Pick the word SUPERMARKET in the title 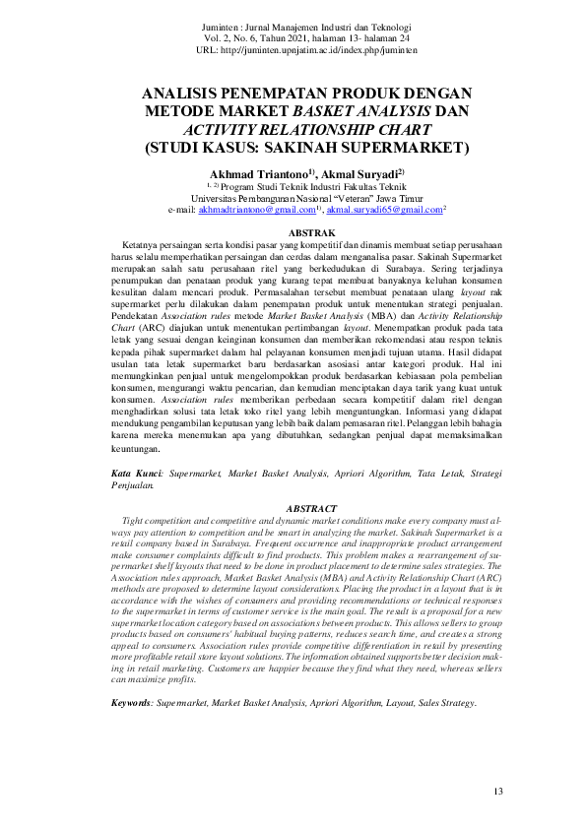point(408,149)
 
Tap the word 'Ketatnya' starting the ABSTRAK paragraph point(141,243)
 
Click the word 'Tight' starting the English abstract point(133,519)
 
